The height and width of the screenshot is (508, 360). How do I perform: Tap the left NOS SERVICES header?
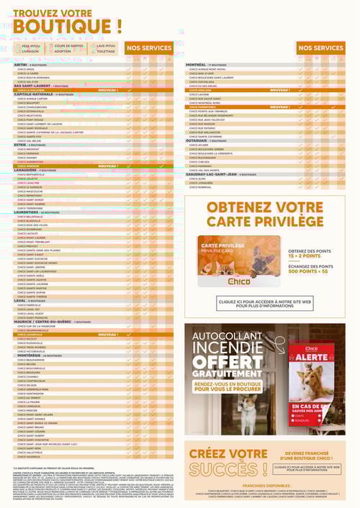point(149,47)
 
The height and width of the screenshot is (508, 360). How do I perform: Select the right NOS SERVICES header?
point(320,47)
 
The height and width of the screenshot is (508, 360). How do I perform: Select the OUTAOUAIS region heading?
point(199,140)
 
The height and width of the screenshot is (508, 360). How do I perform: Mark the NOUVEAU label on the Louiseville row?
point(108,335)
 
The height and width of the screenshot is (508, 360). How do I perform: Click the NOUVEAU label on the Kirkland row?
point(280,90)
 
